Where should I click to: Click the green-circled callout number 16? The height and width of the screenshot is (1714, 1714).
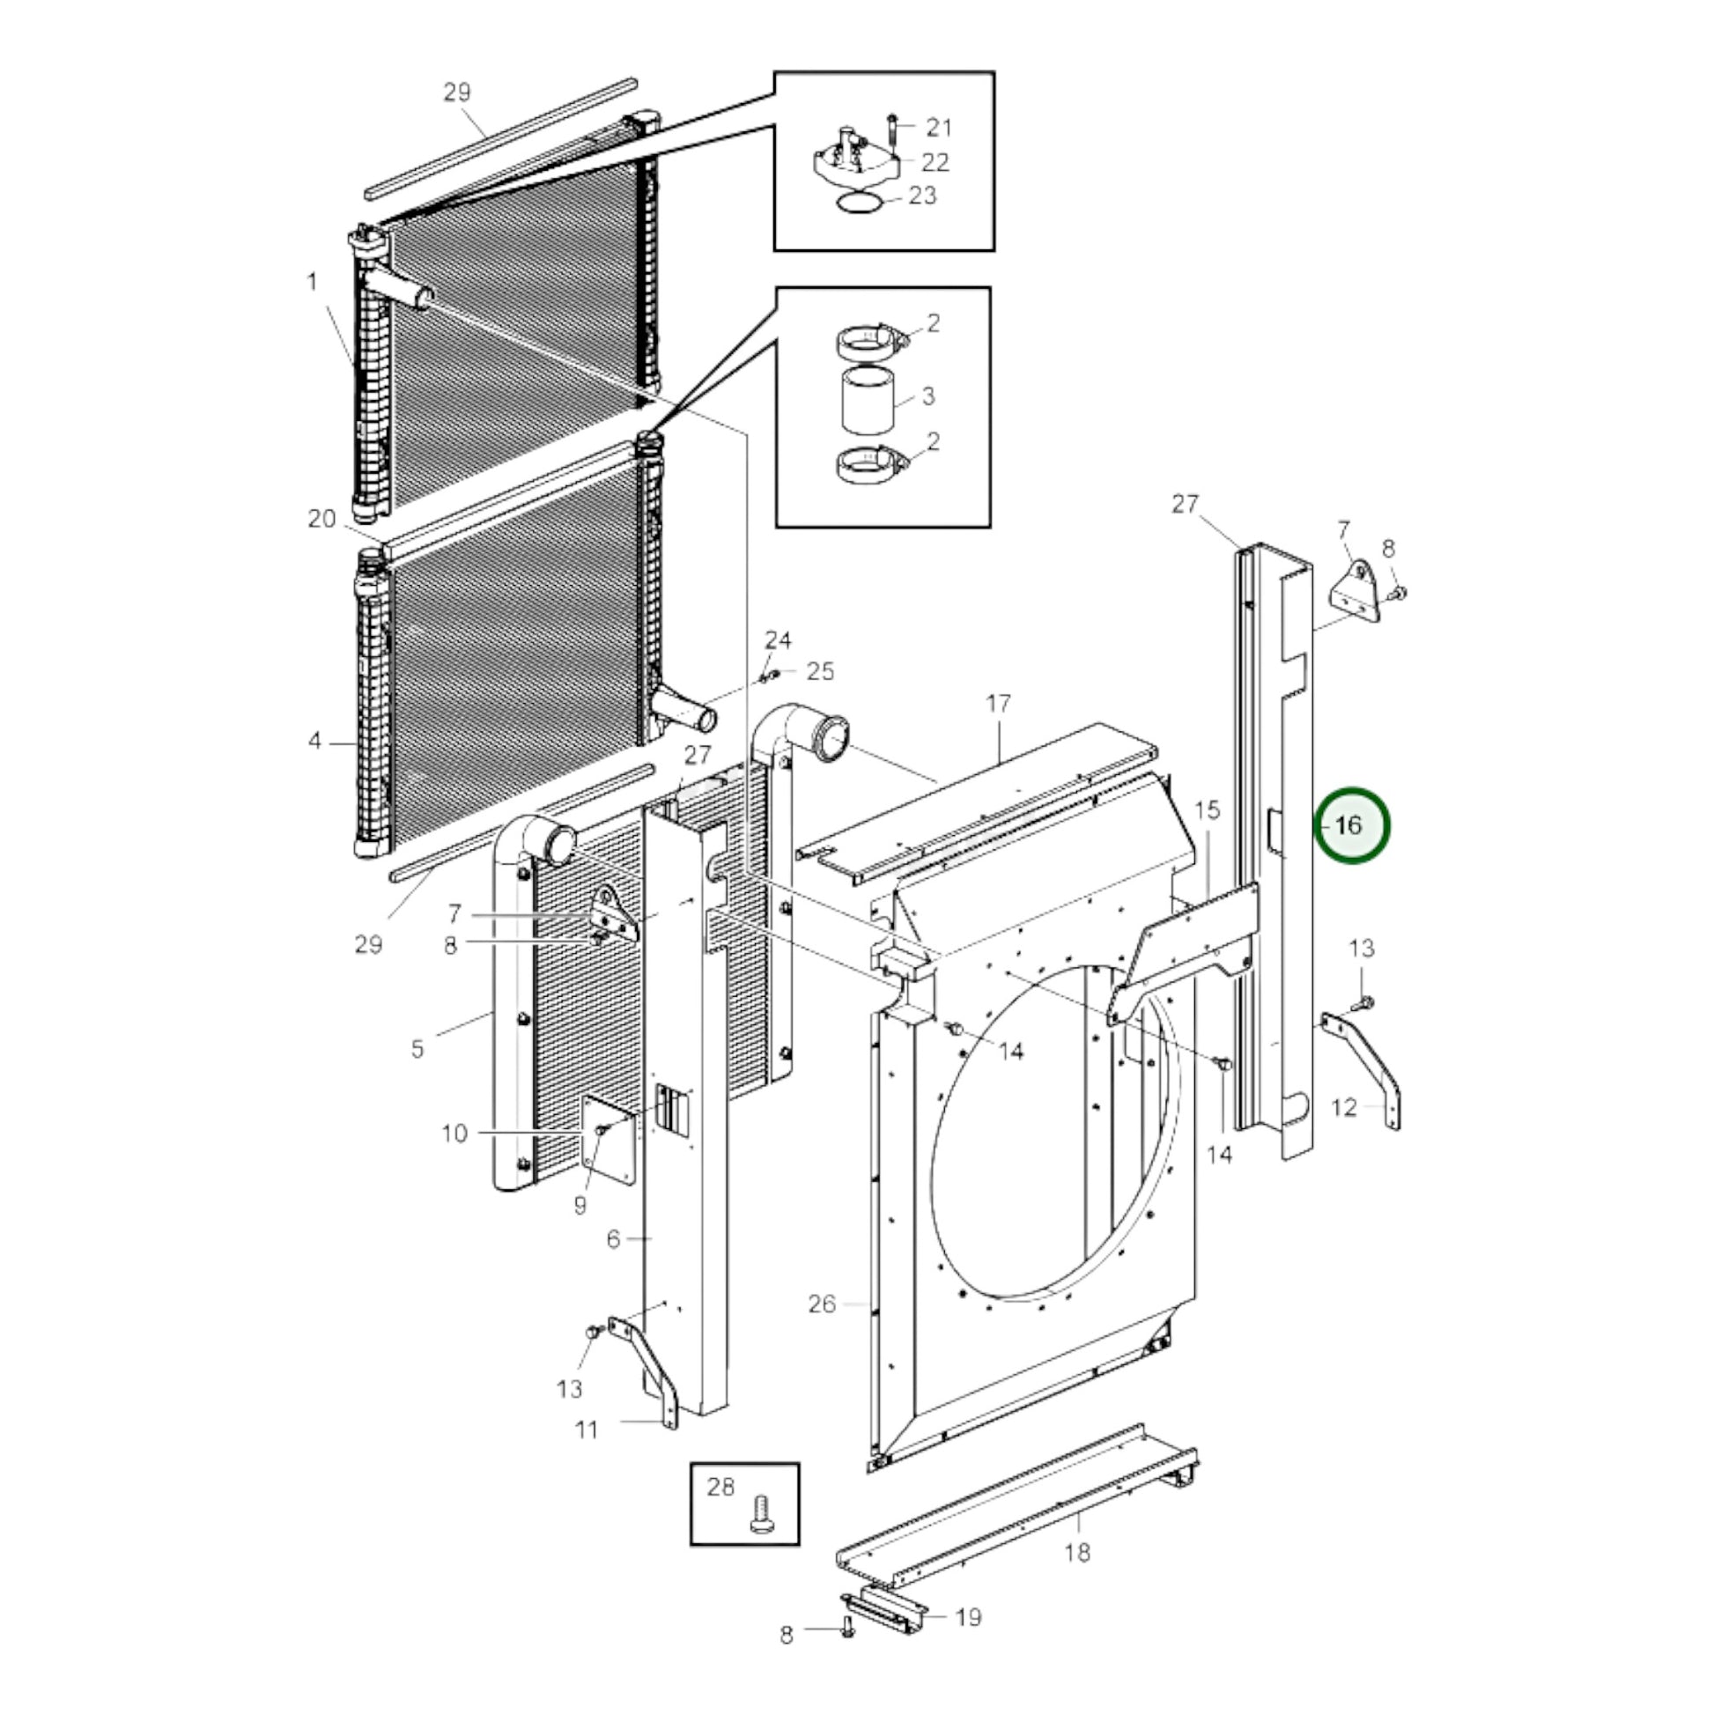1349,825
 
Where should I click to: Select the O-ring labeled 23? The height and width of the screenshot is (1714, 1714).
860,203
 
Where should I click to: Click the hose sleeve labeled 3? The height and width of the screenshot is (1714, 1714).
865,399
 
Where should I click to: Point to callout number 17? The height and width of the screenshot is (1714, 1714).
998,704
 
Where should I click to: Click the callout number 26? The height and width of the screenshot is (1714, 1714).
822,1304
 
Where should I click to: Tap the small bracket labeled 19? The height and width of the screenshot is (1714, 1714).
883,1608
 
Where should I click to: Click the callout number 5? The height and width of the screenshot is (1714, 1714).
417,1049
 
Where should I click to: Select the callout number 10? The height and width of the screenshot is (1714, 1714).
454,1133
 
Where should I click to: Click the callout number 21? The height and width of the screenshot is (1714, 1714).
939,128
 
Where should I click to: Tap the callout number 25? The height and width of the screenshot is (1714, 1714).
821,671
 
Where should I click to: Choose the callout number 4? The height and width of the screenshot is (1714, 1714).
315,740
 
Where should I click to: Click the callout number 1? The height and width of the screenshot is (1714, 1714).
313,282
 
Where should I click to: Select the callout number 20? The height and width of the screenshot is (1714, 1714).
322,519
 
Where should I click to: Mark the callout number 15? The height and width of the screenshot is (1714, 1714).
1208,810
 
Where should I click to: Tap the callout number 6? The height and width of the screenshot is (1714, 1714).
613,1238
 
